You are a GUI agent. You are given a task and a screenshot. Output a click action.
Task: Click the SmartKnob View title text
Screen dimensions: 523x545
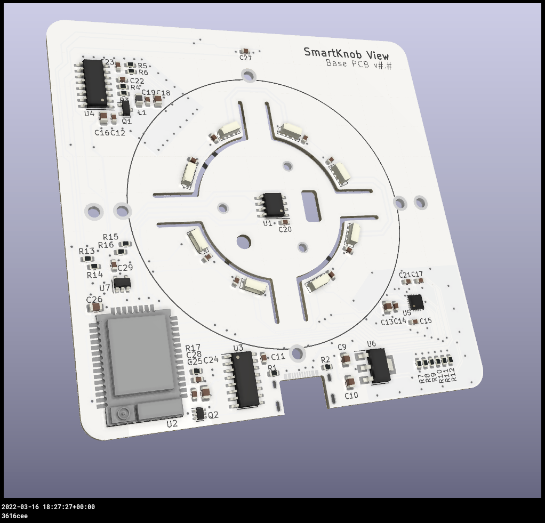pos(346,53)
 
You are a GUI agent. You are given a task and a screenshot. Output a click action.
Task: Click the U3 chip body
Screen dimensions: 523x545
pos(245,379)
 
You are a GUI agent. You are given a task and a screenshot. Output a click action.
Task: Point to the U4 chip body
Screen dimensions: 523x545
pos(94,82)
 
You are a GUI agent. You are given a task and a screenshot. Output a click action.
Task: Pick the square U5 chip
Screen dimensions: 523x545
pos(415,301)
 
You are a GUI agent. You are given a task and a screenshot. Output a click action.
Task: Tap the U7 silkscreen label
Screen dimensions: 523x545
pos(105,288)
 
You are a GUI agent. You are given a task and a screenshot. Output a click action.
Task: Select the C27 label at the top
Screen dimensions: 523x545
pos(246,58)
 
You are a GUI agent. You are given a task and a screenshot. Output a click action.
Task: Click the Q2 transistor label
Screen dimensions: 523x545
pos(213,415)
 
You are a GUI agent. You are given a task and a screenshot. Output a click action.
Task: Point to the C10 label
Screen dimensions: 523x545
pos(351,396)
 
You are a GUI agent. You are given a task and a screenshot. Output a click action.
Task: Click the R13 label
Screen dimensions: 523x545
pos(86,251)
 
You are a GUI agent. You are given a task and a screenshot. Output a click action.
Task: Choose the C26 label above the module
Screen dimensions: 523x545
pos(94,300)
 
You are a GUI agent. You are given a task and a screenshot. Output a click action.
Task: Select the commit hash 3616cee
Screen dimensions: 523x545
pos(14,516)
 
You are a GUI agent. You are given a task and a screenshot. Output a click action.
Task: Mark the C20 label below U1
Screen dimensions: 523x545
pos(285,229)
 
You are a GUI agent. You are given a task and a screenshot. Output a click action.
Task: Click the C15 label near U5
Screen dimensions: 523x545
pos(426,321)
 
